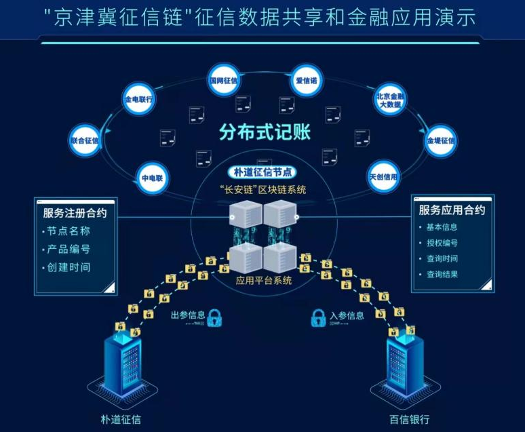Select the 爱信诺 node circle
tap(307, 80)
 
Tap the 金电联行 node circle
tap(138, 99)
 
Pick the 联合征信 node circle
tap(85, 140)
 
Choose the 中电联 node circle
tap(153, 178)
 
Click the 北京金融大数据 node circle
tap(391, 100)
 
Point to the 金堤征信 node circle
tap(440, 140)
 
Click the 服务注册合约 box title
tap(74, 213)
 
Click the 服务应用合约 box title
tap(452, 210)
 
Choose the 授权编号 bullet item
tap(442, 243)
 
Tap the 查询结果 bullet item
tap(442, 275)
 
